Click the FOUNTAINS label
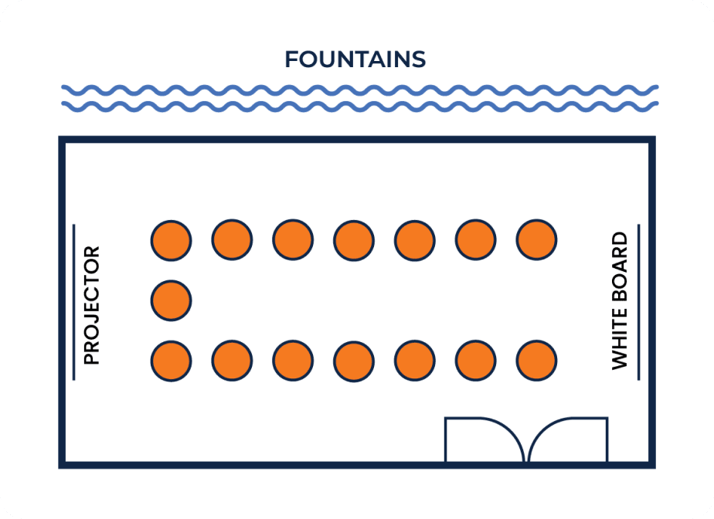click(x=355, y=59)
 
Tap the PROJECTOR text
click(x=91, y=305)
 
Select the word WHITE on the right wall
click(x=619, y=338)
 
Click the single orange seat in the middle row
click(x=172, y=300)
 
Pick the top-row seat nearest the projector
click(x=172, y=240)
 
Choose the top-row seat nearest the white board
click(x=536, y=239)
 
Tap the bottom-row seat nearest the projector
click(x=172, y=361)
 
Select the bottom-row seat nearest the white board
click(x=536, y=361)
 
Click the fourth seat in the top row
click(x=354, y=240)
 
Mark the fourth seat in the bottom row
click(x=354, y=361)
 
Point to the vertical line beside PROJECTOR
click(x=73, y=302)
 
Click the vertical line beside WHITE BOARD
click(x=639, y=302)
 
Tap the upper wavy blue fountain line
click(x=360, y=90)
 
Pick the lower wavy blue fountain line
click(x=360, y=107)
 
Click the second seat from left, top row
click(x=233, y=239)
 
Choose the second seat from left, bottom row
click(x=233, y=361)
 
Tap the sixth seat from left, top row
click(x=475, y=239)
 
